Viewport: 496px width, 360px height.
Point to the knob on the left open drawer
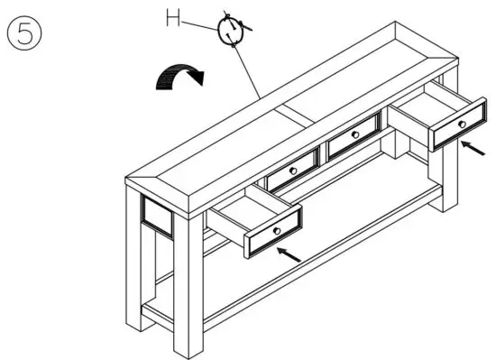tap(276, 230)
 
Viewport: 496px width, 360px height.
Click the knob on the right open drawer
tap(461, 124)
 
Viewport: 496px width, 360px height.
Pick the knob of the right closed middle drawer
tap(354, 135)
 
